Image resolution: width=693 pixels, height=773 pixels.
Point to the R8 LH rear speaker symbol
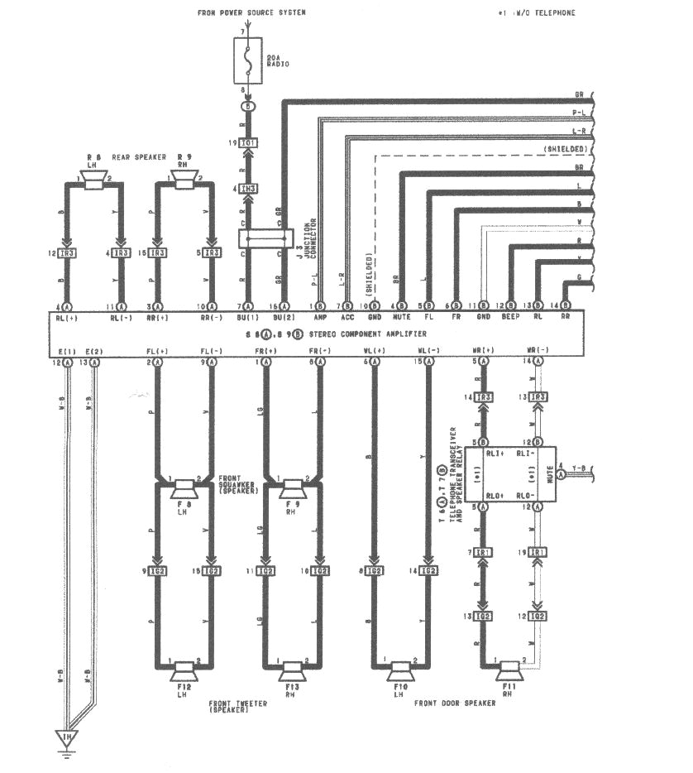[x=92, y=182]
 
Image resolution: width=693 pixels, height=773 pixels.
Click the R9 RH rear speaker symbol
[x=184, y=182]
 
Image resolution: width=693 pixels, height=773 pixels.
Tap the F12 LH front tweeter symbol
[x=183, y=667]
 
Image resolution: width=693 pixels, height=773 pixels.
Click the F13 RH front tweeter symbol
[x=292, y=667]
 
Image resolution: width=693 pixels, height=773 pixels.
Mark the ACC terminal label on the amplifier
[x=346, y=317]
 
